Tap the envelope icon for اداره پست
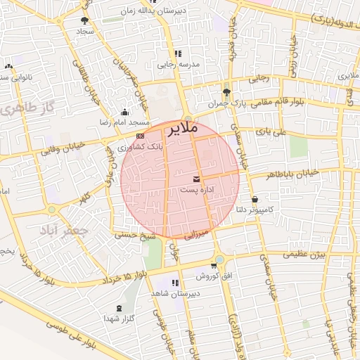point(195,179)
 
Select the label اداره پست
point(193,190)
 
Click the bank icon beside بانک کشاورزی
point(141,136)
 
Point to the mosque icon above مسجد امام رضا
point(125,111)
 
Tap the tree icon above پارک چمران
point(226,92)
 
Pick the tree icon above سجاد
point(85,21)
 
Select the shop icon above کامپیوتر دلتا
point(254,199)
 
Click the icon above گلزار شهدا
point(119,308)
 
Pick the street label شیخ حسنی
point(137,238)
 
